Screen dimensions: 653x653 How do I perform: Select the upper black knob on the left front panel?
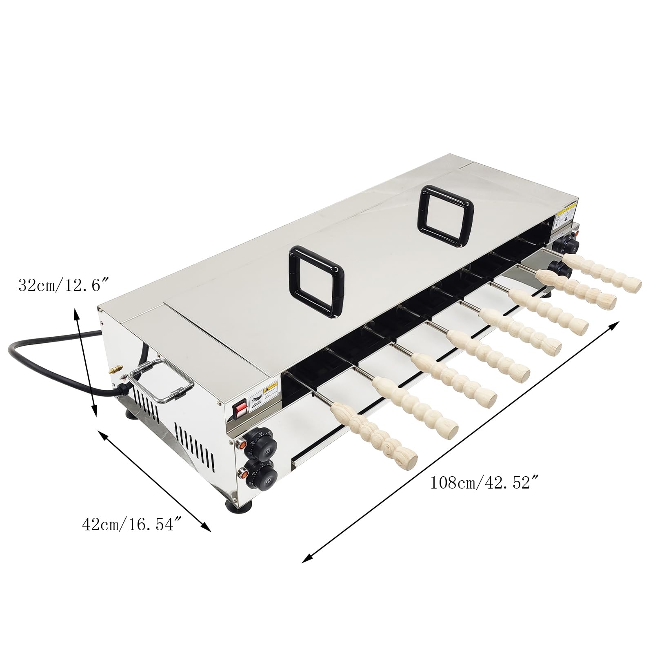point(267,448)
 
